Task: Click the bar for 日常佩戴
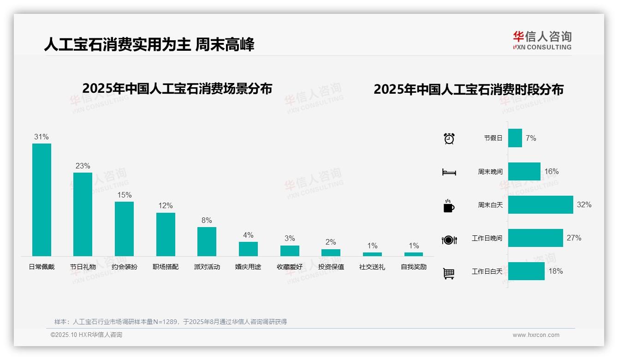pos(42,199)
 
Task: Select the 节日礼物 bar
pos(83,214)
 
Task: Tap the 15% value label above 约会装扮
pos(124,195)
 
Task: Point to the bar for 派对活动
pos(207,241)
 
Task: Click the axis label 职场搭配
pos(166,267)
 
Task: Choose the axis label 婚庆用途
pos(248,267)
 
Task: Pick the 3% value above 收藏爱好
pos(290,238)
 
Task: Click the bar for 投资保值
pos(331,252)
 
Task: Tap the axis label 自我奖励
pos(414,267)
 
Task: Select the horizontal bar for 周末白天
pos(541,204)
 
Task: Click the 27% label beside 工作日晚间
pos(574,238)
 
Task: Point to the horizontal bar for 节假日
pos(515,138)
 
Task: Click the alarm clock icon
pos(449,138)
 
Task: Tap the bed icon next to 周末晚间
pos(449,172)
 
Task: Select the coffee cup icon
pos(449,206)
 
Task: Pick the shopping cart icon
pos(449,273)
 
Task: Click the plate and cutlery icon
pos(449,240)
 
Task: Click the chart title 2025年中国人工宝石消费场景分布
pos(177,89)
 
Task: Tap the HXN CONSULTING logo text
pos(542,47)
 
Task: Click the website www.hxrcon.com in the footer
pos(536,335)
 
